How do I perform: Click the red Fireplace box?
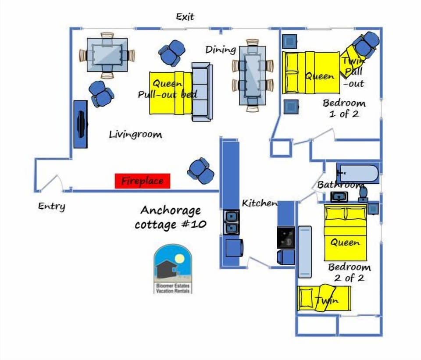[x=142, y=181]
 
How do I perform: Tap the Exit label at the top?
[x=185, y=17]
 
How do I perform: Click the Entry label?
[x=51, y=206]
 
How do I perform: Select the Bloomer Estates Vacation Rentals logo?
[x=173, y=269]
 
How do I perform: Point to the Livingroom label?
[x=135, y=134]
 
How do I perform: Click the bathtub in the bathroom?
[x=357, y=173]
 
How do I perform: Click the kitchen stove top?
[x=285, y=237]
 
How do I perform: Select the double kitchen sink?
[x=232, y=221]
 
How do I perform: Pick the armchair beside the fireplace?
[x=201, y=171]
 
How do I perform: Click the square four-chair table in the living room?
[x=107, y=55]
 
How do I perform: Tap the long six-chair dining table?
[x=252, y=75]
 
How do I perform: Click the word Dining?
[x=221, y=50]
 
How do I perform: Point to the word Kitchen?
[x=260, y=203]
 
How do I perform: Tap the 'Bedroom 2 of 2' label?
[x=349, y=272]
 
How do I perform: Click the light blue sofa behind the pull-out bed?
[x=202, y=92]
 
